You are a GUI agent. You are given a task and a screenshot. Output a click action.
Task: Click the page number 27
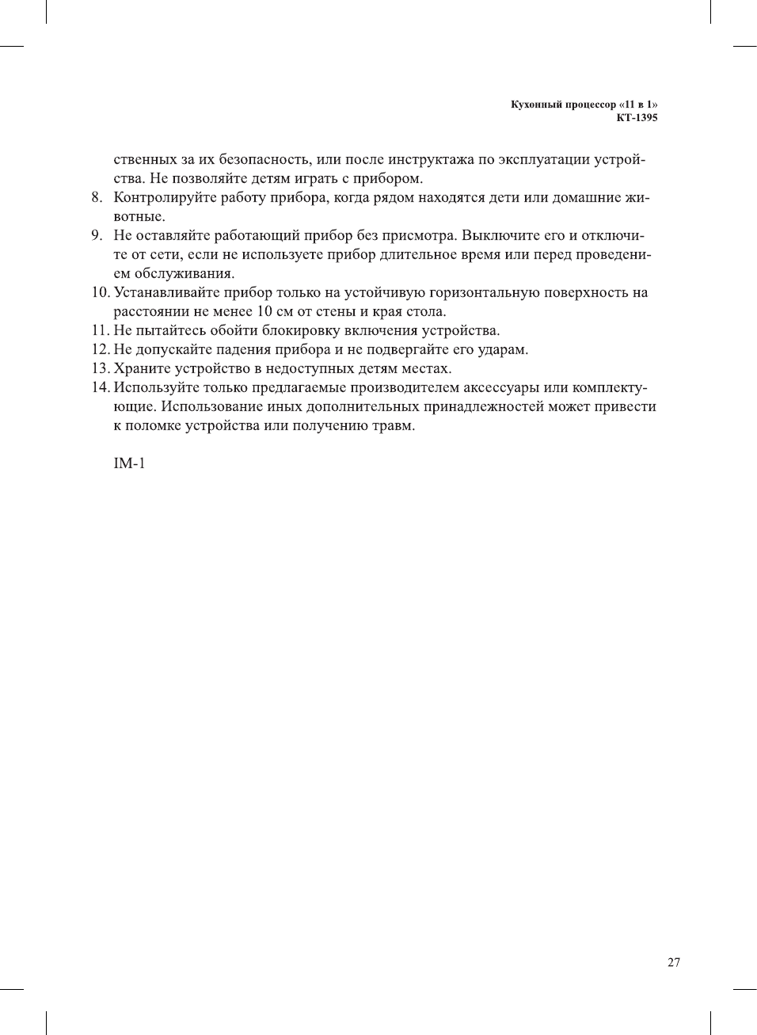[x=673, y=962]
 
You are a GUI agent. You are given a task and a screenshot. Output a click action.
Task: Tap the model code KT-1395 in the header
[x=637, y=118]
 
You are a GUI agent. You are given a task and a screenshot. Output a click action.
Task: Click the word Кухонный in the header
[x=532, y=105]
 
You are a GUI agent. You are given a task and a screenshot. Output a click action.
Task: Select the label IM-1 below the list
[x=129, y=463]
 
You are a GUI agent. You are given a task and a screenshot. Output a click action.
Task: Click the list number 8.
[x=96, y=197]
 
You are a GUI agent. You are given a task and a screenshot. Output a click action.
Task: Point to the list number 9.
[x=96, y=235]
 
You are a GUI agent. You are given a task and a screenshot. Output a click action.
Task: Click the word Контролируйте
[x=162, y=197]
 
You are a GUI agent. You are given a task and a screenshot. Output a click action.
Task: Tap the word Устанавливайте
[x=164, y=292]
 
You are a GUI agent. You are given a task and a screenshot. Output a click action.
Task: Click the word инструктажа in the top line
[x=428, y=159]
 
